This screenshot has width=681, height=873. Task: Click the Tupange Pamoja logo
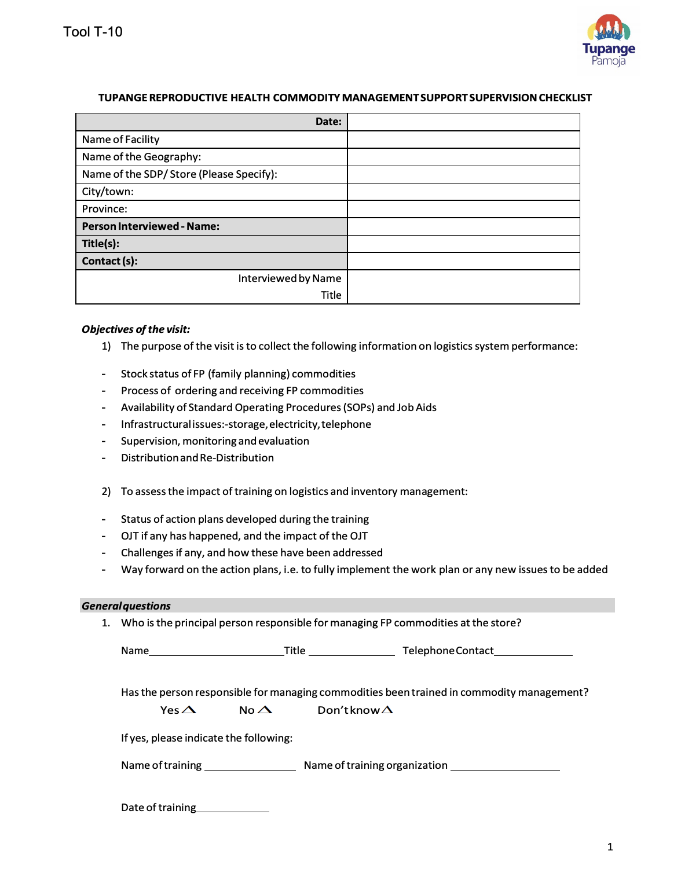coord(609,40)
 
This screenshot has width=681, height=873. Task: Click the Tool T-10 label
coord(93,32)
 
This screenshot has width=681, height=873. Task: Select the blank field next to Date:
coord(463,122)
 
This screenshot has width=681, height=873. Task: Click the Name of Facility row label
coord(120,140)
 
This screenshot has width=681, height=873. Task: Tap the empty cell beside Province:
coord(463,209)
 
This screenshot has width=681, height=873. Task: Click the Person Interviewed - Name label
coord(151,226)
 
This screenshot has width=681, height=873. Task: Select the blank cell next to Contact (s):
coord(463,261)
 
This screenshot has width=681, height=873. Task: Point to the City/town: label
coord(108,192)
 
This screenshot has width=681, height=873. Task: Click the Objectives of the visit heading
coord(136,329)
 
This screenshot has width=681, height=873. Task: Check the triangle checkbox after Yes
coord(189,710)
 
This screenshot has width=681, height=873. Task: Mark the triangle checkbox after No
coord(265,710)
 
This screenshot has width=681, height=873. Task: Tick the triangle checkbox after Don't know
coord(387,710)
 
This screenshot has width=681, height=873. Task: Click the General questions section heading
coord(126,606)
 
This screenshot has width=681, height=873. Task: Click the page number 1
coord(610,847)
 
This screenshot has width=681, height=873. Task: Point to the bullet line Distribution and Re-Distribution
coord(197,458)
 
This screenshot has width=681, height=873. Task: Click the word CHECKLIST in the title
coord(565,98)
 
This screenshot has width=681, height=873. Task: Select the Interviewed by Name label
coord(290,278)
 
